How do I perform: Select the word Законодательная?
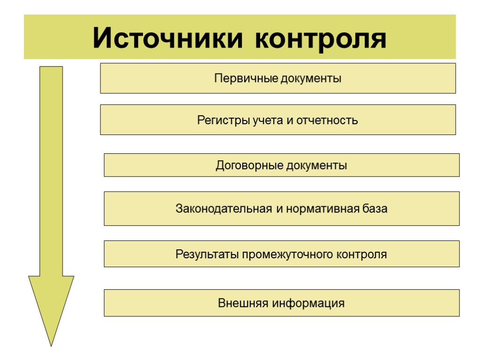click(224, 209)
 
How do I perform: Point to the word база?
click(375, 209)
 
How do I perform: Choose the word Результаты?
click(207, 255)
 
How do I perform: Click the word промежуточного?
click(288, 255)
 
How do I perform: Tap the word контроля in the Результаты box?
click(362, 255)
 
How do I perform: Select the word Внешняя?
click(239, 303)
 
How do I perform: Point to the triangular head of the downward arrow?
click(51, 305)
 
